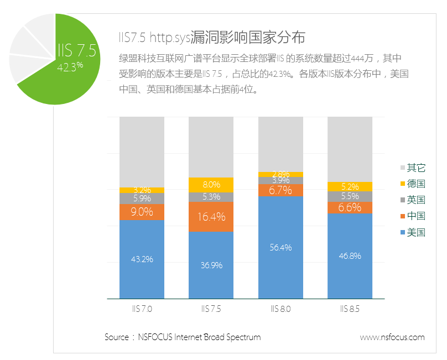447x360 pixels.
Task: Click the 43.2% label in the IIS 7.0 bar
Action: (x=142, y=259)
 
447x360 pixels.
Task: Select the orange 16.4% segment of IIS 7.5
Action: (x=211, y=216)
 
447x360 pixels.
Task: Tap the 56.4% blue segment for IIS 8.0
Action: (x=280, y=248)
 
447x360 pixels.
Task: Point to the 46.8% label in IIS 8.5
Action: (x=350, y=256)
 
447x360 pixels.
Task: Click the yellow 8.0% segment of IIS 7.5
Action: (x=211, y=185)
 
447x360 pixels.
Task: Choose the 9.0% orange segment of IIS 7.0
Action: (x=142, y=212)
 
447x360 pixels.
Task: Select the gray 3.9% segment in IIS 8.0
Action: (x=280, y=180)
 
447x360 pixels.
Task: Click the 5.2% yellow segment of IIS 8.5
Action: (x=350, y=187)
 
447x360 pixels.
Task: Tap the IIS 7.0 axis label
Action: (x=142, y=309)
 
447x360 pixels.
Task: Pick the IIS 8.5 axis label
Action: (x=350, y=309)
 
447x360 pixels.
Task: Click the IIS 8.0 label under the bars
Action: (x=280, y=309)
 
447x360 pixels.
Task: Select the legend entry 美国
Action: (x=415, y=232)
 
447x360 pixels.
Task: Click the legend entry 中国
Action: (x=415, y=216)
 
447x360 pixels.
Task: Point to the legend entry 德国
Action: (x=415, y=184)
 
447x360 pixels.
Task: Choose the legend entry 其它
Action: (x=415, y=168)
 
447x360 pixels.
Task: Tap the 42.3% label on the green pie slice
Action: (x=70, y=66)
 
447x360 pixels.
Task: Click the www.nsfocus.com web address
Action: (x=392, y=337)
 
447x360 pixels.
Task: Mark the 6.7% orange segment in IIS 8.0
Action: (x=280, y=190)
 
